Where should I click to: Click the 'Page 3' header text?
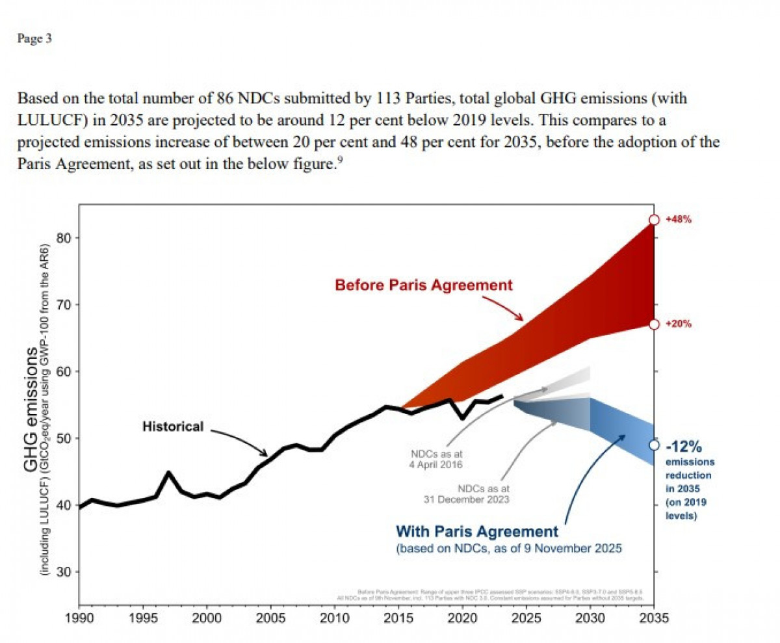coord(34,39)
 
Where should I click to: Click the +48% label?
coord(679,220)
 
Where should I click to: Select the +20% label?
coord(679,324)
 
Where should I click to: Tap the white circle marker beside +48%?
coord(655,220)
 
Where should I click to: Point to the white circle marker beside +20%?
coord(655,324)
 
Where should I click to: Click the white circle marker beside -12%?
coord(655,445)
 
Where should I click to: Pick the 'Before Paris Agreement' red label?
coord(424,285)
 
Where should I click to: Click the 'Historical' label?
coord(173,426)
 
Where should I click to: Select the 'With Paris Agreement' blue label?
coord(476,531)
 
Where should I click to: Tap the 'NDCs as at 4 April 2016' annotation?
coord(435,459)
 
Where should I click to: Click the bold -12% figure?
coord(684,447)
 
